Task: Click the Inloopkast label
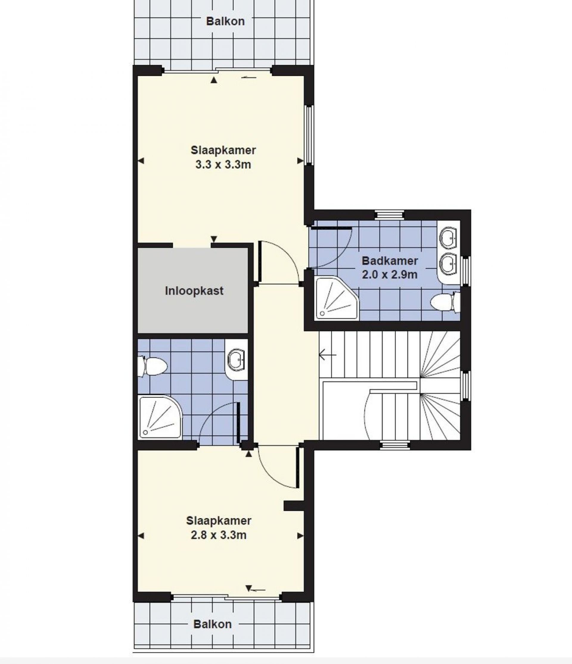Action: [194, 291]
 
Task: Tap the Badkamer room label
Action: [390, 261]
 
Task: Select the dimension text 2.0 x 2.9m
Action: [390, 275]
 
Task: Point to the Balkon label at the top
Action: [225, 21]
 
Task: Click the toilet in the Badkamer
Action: [445, 302]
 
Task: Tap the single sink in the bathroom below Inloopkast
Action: [236, 360]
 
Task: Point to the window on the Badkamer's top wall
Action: [389, 214]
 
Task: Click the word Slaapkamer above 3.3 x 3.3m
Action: [223, 150]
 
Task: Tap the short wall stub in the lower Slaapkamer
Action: [293, 506]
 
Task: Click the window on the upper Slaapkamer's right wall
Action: [309, 135]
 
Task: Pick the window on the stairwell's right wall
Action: [466, 386]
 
